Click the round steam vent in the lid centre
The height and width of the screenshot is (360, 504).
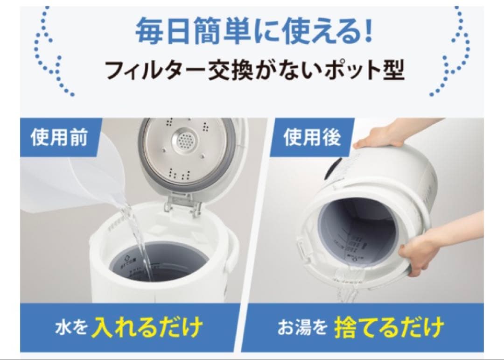click(x=185, y=139)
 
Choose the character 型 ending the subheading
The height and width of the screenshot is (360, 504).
click(x=393, y=71)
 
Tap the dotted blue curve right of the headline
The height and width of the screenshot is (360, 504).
click(x=455, y=51)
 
